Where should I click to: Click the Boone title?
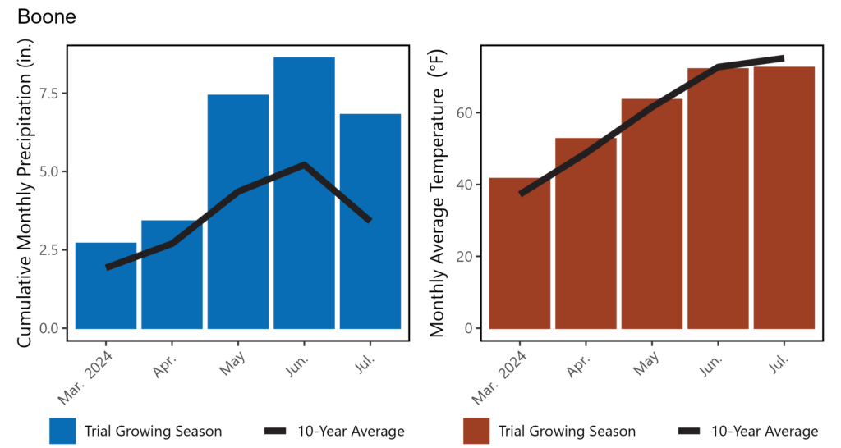(x=47, y=16)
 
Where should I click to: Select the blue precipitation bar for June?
(x=304, y=193)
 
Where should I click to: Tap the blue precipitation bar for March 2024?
(x=106, y=286)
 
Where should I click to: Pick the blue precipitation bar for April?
(x=172, y=274)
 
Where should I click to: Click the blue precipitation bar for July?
(x=370, y=222)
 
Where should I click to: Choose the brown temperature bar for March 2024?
(x=520, y=254)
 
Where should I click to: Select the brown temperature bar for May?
(x=651, y=214)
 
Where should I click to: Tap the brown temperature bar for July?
(x=784, y=198)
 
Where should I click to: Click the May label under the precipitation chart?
(x=232, y=363)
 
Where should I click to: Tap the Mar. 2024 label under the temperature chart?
(x=499, y=378)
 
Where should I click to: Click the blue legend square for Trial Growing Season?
(x=62, y=431)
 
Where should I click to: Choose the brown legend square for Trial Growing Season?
(x=476, y=431)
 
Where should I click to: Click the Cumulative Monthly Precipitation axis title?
(x=25, y=193)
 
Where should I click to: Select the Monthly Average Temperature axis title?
(x=438, y=194)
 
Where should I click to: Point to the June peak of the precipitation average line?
(x=304, y=165)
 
